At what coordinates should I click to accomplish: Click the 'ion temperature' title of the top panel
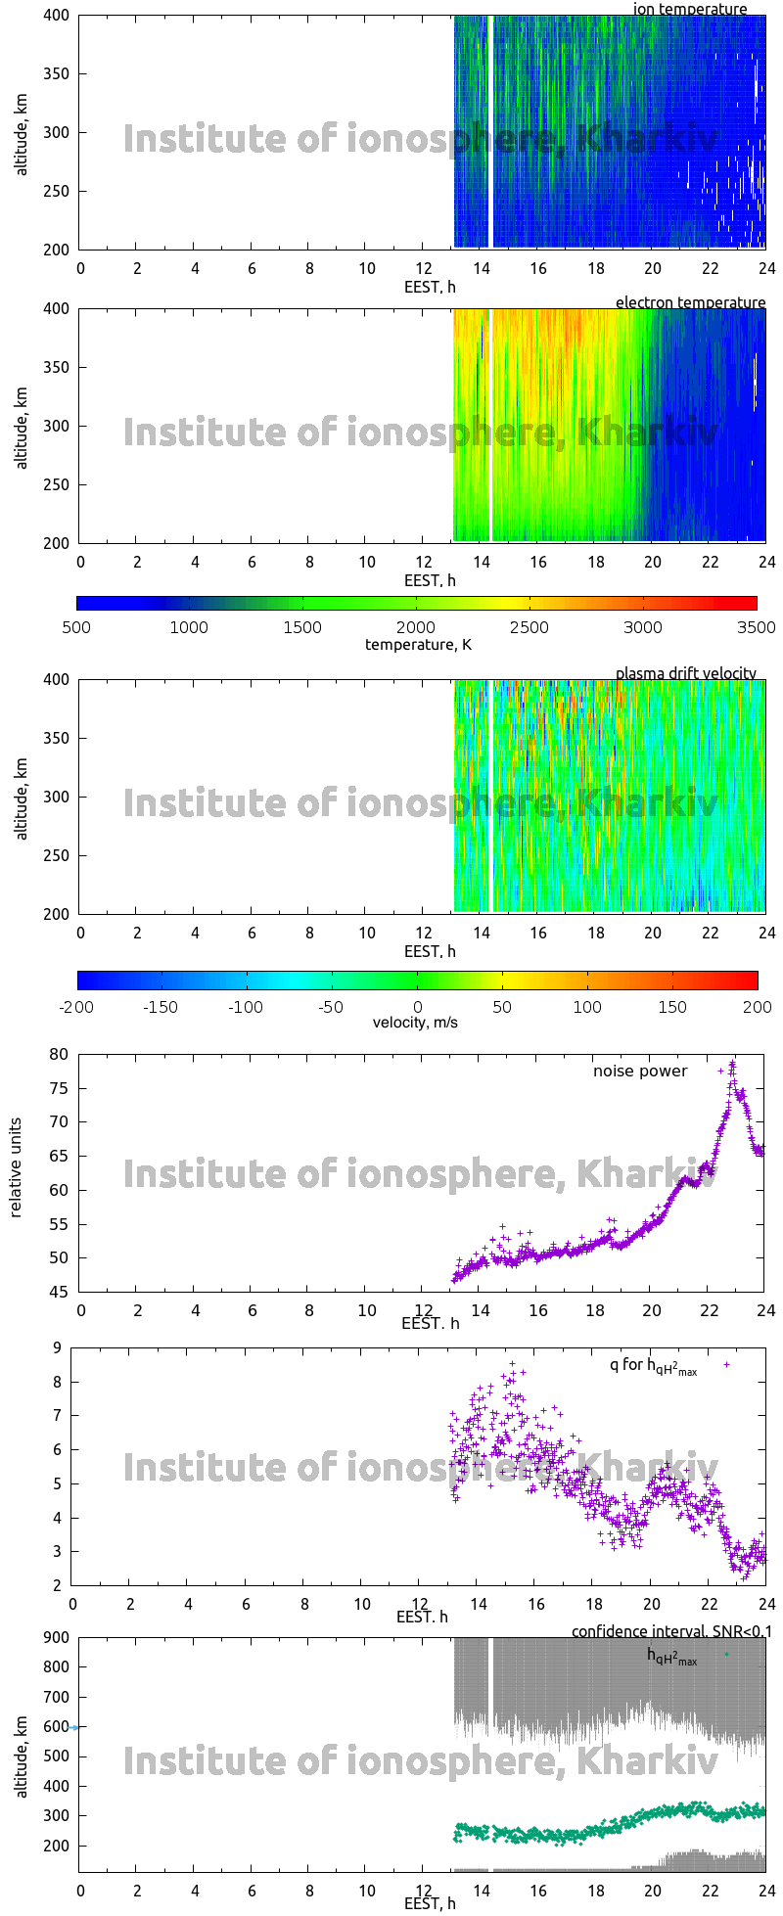click(690, 10)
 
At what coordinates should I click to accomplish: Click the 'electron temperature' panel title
click(690, 302)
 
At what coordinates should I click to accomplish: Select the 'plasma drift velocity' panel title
click(685, 673)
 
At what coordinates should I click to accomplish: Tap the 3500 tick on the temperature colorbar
click(757, 627)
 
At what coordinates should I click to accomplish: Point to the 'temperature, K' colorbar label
click(418, 644)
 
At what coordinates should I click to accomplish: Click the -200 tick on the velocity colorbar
click(77, 1006)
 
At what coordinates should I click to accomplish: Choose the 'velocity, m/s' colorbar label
click(415, 1023)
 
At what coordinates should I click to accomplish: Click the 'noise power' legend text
click(640, 1071)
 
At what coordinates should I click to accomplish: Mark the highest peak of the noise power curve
click(732, 1064)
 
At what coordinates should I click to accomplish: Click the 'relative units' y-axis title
click(16, 1172)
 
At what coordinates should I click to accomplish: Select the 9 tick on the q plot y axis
click(58, 1347)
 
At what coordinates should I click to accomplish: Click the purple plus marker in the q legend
click(726, 1364)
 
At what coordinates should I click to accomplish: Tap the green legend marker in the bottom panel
click(726, 1654)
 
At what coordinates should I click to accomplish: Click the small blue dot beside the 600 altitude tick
click(74, 1727)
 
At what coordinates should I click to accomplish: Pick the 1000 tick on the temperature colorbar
click(190, 627)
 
